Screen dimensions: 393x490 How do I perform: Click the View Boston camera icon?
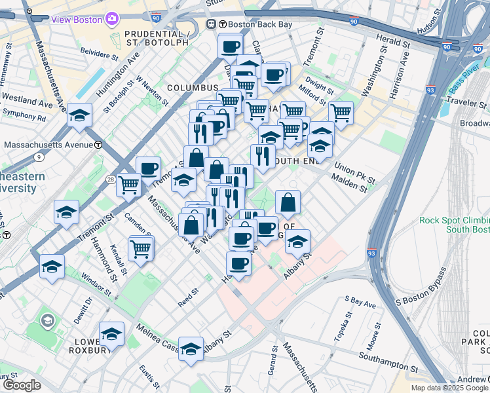[x=112, y=19]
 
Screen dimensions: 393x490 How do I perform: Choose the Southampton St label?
[x=388, y=362]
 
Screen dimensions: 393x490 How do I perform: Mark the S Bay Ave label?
[x=360, y=302]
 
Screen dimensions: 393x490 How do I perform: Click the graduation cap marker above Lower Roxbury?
[x=112, y=334]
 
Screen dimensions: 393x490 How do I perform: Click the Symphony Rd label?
[x=24, y=119]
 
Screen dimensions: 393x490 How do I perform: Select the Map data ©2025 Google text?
[x=449, y=388]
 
